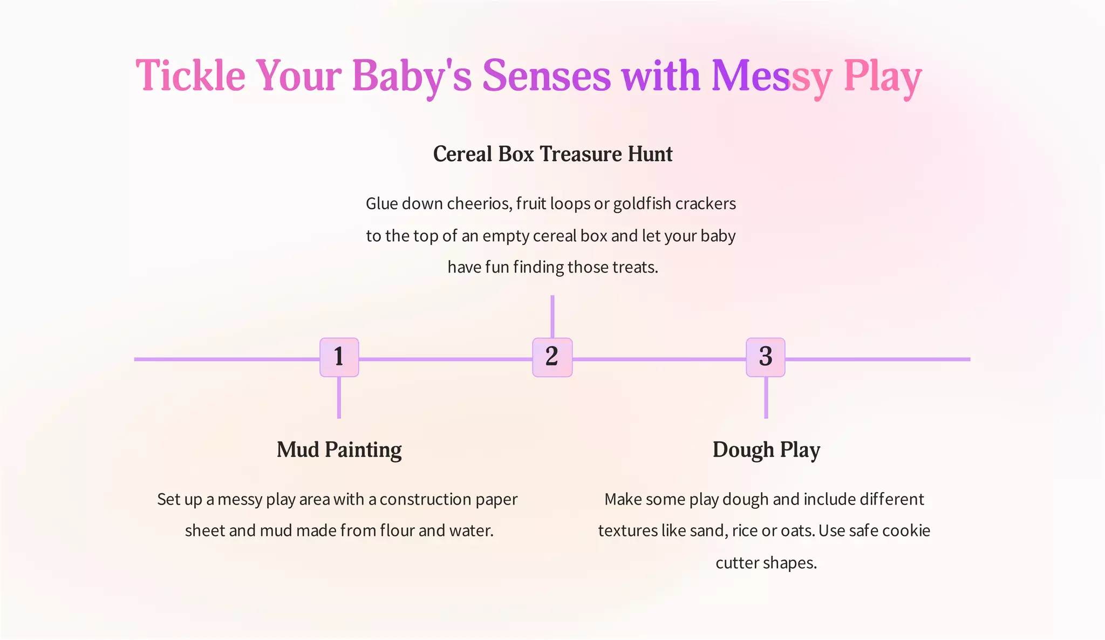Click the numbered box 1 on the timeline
(339, 357)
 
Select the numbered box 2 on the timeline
(552, 357)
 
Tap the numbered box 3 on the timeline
(766, 357)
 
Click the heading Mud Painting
(339, 450)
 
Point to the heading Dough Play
(766, 450)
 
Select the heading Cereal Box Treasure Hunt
(552, 154)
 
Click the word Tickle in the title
(190, 76)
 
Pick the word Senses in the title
(546, 76)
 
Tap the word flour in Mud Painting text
(397, 531)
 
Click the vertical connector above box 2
(552, 316)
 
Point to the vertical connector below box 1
(339, 398)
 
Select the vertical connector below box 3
(766, 398)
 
